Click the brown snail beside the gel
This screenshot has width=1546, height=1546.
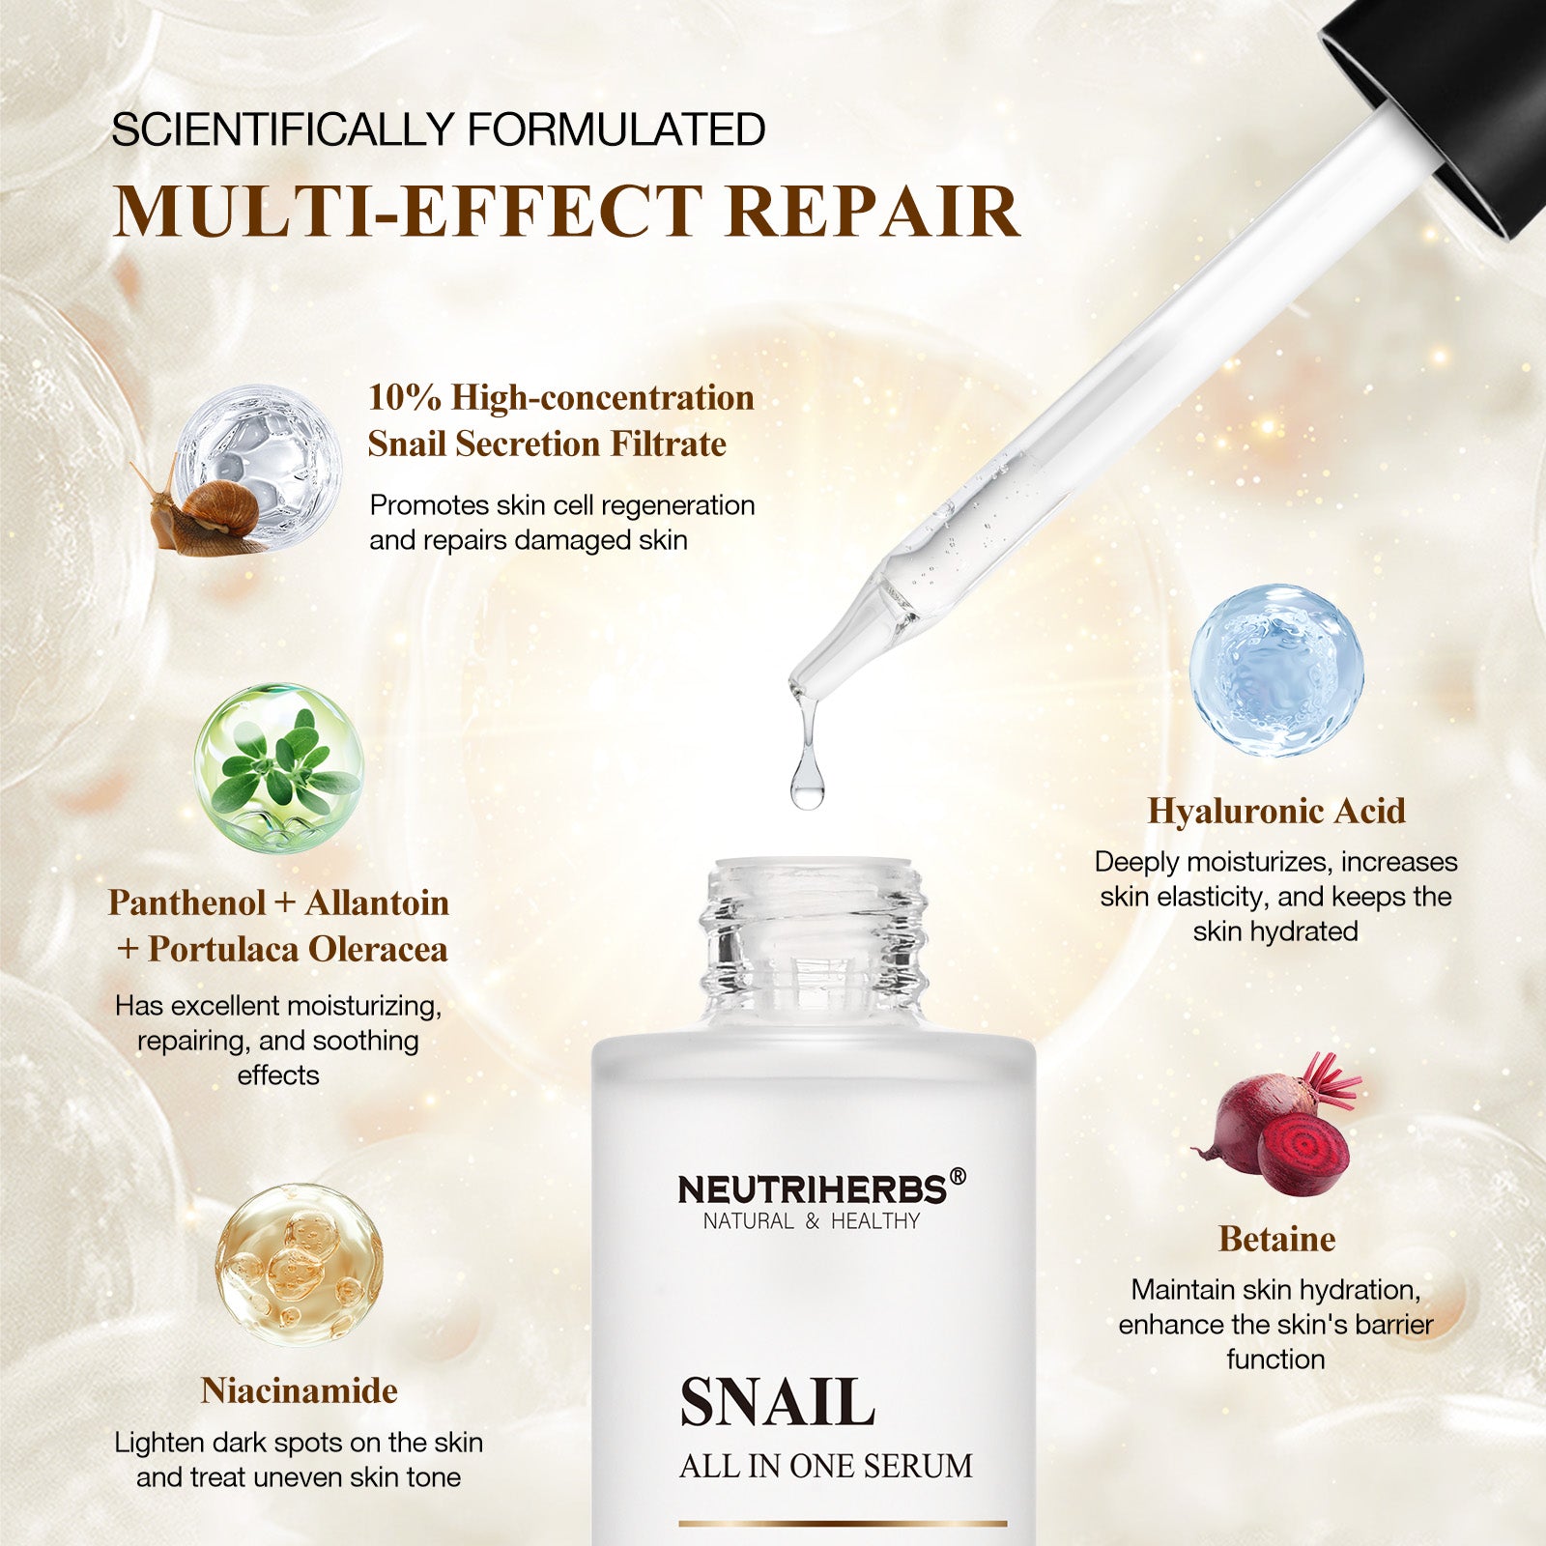(x=208, y=512)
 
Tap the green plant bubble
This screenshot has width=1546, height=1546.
(x=278, y=767)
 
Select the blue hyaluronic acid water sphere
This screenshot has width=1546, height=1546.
(x=1276, y=670)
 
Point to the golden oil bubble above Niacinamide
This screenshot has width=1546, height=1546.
(x=299, y=1265)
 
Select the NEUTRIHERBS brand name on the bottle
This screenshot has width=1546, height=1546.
(x=812, y=1189)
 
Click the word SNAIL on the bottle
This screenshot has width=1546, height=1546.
(x=778, y=1402)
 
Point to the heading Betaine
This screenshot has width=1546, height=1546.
(x=1276, y=1239)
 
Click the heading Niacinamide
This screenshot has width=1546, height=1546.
(x=300, y=1390)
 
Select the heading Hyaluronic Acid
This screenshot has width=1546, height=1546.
(x=1276, y=811)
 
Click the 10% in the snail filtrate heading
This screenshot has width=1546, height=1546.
(x=405, y=397)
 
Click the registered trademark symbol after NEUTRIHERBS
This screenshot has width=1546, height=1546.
(x=958, y=1176)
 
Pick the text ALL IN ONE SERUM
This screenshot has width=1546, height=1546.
(x=826, y=1467)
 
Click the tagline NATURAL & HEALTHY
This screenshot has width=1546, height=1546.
(x=812, y=1221)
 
